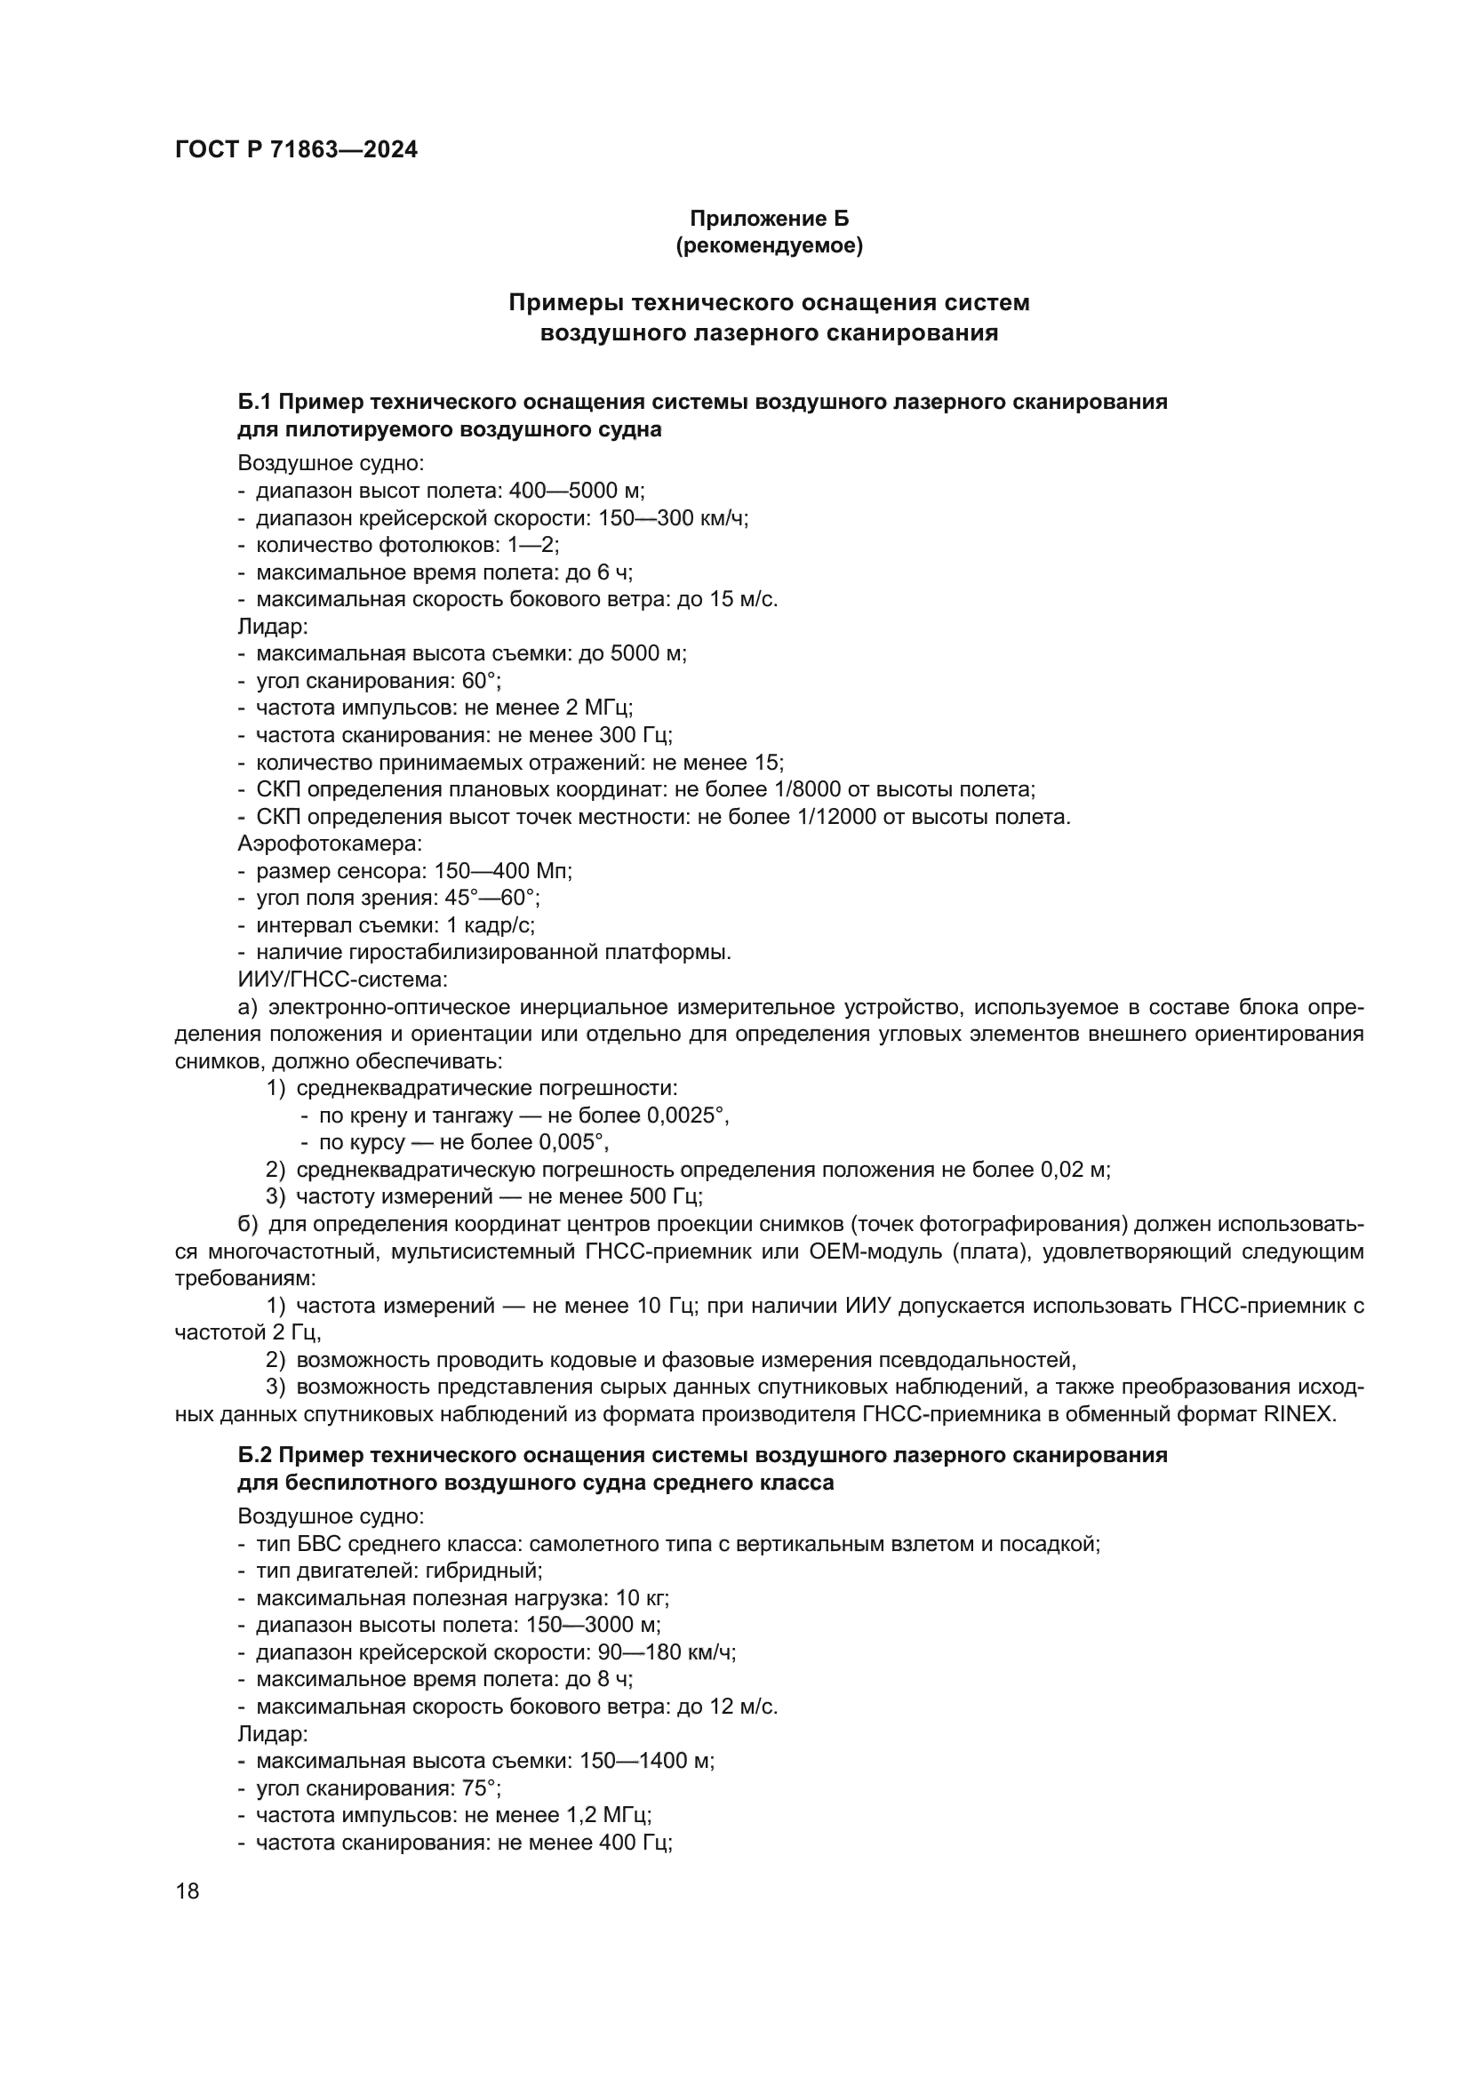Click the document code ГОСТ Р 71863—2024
[296, 150]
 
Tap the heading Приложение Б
[770, 219]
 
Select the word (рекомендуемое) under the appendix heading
[770, 245]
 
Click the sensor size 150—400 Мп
[502, 871]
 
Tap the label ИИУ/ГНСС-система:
[342, 980]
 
